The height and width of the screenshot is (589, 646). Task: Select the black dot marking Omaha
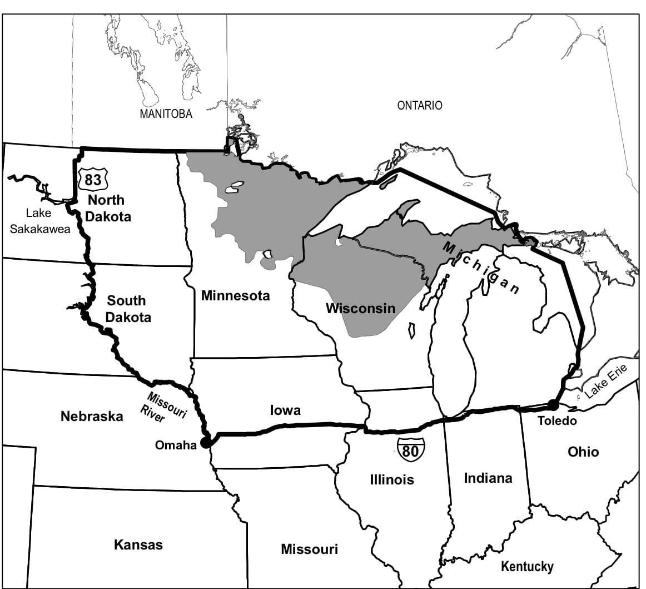pyautogui.click(x=206, y=442)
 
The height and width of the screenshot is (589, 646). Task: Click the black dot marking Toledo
pyautogui.click(x=553, y=404)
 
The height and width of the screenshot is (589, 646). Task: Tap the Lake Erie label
pyautogui.click(x=605, y=382)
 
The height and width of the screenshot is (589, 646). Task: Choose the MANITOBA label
pyautogui.click(x=166, y=114)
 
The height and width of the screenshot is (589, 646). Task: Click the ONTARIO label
pyautogui.click(x=420, y=105)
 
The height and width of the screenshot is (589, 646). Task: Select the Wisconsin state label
pyautogui.click(x=360, y=308)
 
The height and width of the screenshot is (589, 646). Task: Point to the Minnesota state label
pyautogui.click(x=235, y=295)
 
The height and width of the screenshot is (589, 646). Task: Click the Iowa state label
pyautogui.click(x=285, y=410)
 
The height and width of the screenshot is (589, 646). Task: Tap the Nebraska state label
pyautogui.click(x=92, y=416)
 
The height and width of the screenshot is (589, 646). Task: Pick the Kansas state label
pyautogui.click(x=138, y=545)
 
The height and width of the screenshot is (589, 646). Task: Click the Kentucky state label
pyautogui.click(x=527, y=566)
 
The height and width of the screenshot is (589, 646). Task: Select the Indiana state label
pyautogui.click(x=488, y=478)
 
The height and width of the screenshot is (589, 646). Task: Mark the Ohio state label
pyautogui.click(x=583, y=452)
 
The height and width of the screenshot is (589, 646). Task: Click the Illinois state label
pyautogui.click(x=392, y=479)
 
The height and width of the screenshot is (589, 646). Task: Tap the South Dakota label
pyautogui.click(x=127, y=309)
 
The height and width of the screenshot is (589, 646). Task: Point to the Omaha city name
pyautogui.click(x=176, y=445)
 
